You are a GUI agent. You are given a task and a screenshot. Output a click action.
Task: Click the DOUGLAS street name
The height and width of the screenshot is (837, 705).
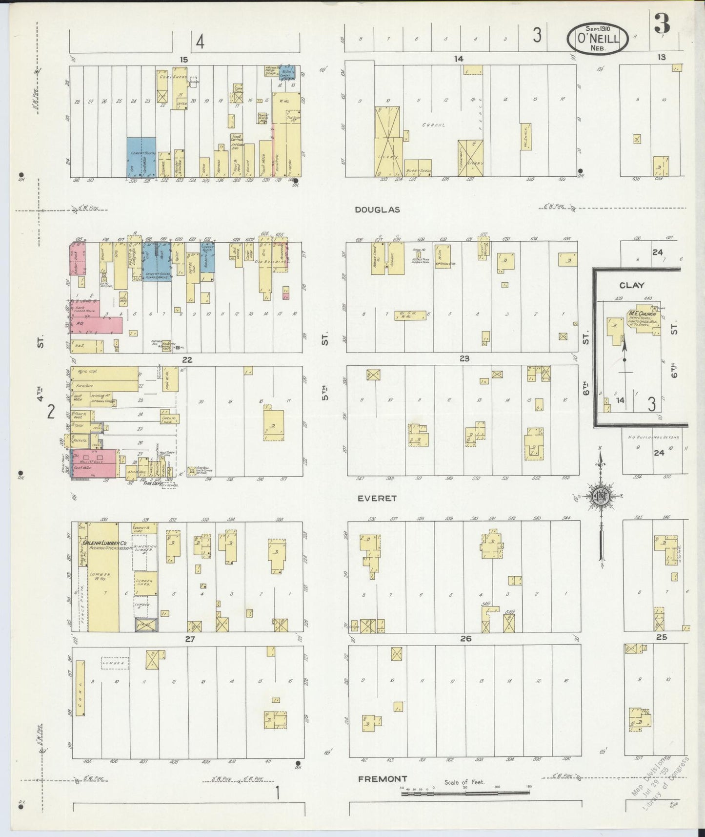377,209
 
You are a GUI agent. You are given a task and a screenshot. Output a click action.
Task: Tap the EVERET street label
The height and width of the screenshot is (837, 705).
377,499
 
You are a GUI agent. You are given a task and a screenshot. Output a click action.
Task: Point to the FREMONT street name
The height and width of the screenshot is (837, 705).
383,778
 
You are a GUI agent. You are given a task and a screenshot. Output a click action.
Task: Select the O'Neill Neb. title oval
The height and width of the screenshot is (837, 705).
598,39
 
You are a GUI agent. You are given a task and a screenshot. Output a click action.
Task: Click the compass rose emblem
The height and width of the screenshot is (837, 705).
600,497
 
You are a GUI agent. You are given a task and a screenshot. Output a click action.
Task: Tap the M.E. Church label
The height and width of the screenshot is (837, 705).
641,313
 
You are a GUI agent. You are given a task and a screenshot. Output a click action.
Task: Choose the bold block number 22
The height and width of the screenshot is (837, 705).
187,360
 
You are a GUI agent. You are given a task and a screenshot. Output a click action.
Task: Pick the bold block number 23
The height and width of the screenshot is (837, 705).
464,358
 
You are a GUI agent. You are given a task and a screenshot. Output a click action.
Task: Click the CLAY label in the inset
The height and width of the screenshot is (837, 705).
632,285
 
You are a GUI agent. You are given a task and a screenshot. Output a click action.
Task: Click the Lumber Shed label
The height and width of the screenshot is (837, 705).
145,583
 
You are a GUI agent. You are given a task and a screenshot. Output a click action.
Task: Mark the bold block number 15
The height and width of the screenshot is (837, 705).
183,60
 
